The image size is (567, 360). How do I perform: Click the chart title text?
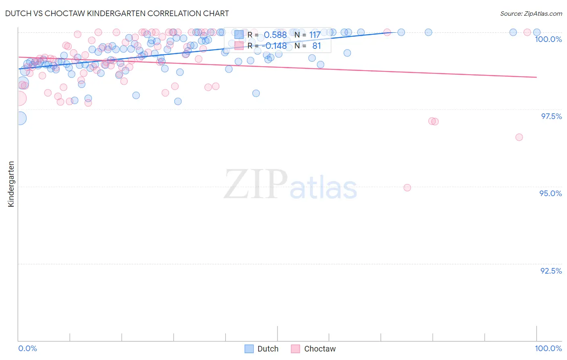[x=117, y=13]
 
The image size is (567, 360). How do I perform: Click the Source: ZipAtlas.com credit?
[x=531, y=13]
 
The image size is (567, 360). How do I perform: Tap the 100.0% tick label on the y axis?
[x=548, y=39]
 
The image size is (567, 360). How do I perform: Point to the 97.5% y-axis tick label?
[x=551, y=116]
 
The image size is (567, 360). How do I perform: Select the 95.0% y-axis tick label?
[x=550, y=193]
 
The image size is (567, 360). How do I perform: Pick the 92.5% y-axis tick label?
[x=551, y=271]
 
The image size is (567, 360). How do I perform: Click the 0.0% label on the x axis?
[x=27, y=348]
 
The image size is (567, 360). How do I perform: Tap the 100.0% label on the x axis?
[x=548, y=348]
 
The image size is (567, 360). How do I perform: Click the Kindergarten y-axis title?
[x=11, y=184]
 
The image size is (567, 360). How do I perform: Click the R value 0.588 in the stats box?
[x=275, y=35]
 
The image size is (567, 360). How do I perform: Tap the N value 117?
[x=315, y=35]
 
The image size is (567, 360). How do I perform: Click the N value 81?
[x=317, y=46]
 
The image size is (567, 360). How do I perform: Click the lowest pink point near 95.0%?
[x=407, y=188]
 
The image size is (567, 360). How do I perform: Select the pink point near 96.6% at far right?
[x=519, y=137]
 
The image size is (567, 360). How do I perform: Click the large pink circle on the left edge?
[x=19, y=98]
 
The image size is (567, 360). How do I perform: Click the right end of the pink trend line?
[x=536, y=77]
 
